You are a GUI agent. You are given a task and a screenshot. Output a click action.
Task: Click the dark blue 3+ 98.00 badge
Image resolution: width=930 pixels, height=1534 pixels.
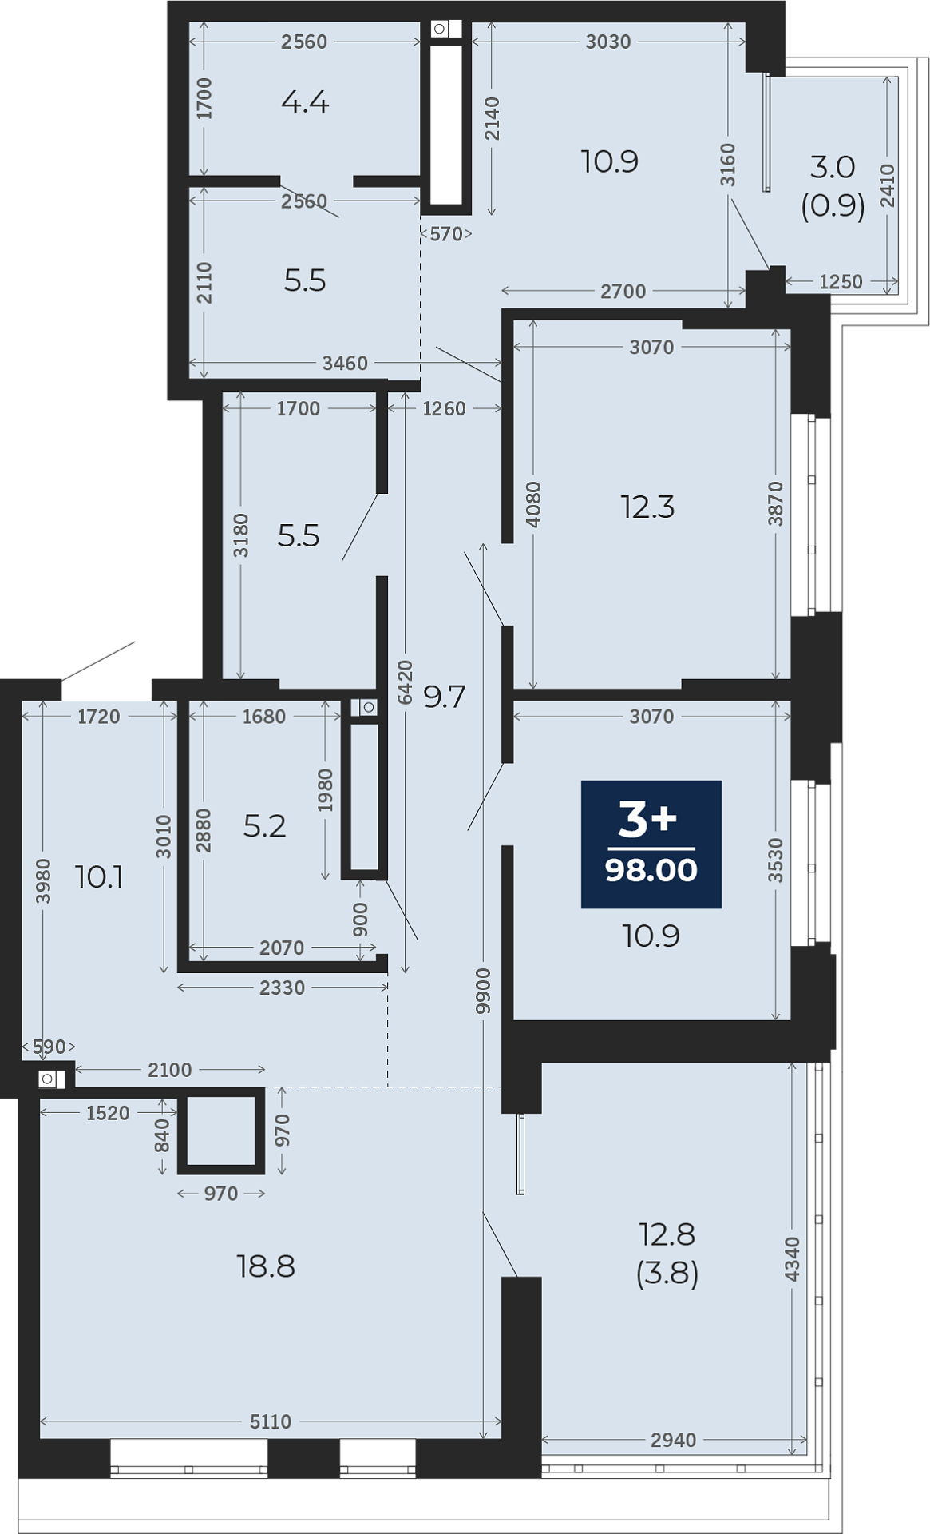[651, 844]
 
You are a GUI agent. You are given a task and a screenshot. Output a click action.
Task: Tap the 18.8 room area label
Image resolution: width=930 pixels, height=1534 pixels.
[266, 1266]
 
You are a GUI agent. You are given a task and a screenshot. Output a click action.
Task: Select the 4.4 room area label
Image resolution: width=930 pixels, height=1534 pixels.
[305, 102]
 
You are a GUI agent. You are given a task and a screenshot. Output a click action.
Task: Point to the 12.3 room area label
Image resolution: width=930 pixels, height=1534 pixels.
[647, 507]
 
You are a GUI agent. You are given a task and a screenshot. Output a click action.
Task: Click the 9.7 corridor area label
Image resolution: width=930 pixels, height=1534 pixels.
[444, 697]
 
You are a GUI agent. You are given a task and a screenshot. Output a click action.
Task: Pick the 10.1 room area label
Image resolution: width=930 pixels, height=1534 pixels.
[99, 877]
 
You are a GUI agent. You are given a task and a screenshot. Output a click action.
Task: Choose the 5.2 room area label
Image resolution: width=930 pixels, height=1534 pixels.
[264, 825]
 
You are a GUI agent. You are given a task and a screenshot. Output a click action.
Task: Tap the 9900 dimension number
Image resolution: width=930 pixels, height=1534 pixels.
[483, 991]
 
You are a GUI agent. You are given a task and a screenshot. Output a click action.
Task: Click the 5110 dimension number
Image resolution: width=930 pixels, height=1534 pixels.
[271, 1421]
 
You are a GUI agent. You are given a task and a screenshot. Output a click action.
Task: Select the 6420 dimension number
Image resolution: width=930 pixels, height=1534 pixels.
[406, 682]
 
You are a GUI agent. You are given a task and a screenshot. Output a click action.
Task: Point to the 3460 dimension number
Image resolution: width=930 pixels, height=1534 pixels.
[345, 364]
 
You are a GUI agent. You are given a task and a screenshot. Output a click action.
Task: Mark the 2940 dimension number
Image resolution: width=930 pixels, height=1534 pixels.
[673, 1440]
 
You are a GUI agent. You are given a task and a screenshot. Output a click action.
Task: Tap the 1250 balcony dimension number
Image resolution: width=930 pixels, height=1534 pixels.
[841, 281]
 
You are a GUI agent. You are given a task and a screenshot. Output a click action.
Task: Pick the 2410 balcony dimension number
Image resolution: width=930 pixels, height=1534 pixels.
[888, 185]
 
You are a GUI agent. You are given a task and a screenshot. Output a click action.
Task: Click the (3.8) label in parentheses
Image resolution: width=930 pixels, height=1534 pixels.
[667, 1273]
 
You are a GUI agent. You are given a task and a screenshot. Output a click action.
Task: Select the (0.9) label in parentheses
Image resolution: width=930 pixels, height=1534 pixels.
[833, 205]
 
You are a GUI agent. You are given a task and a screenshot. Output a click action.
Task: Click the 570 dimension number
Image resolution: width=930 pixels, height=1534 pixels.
[446, 234]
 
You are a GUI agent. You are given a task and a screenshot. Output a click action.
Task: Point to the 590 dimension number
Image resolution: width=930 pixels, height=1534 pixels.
[49, 1047]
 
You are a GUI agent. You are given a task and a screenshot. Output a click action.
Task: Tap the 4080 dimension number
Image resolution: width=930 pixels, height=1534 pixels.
[533, 503]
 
